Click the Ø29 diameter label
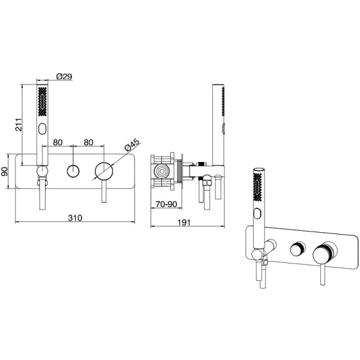64,76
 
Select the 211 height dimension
19,125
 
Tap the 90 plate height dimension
5,171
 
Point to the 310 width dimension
75,217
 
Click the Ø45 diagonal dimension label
132,145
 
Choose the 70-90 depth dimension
166,204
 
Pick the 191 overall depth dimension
184,222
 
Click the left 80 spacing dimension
58,142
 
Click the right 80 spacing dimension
88,142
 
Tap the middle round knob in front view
73,171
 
